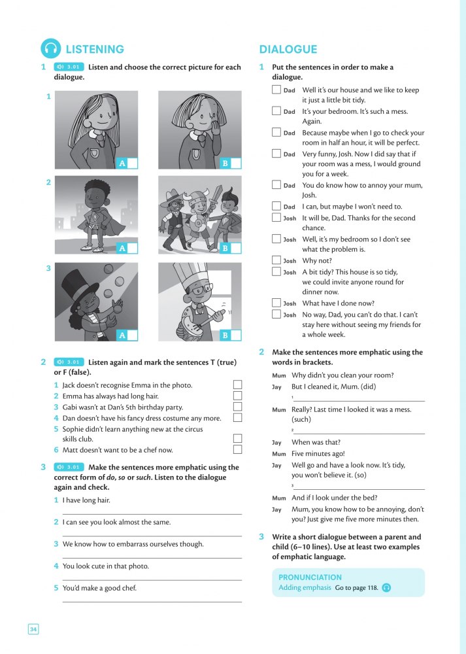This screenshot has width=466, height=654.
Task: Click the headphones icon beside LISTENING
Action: click(50, 49)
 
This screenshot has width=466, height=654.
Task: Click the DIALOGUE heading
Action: click(288, 49)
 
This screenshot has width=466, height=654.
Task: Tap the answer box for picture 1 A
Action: click(133, 163)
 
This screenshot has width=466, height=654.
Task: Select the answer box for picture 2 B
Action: click(236, 249)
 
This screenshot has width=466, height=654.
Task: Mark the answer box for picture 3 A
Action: click(133, 336)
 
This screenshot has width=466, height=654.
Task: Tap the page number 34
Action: click(33, 629)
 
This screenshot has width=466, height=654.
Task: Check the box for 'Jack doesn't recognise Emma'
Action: click(237, 385)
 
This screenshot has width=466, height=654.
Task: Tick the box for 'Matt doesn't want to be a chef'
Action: click(237, 449)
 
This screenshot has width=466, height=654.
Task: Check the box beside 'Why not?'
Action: click(276, 260)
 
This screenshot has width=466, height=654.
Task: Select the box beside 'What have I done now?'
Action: click(276, 303)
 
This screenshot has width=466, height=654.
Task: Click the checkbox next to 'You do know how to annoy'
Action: click(276, 185)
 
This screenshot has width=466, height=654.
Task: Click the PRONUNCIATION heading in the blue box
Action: click(310, 577)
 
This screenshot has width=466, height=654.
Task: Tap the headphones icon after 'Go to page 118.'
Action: click(386, 588)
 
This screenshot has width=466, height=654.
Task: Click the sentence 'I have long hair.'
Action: click(86, 500)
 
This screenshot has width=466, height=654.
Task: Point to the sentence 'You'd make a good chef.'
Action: click(99, 588)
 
